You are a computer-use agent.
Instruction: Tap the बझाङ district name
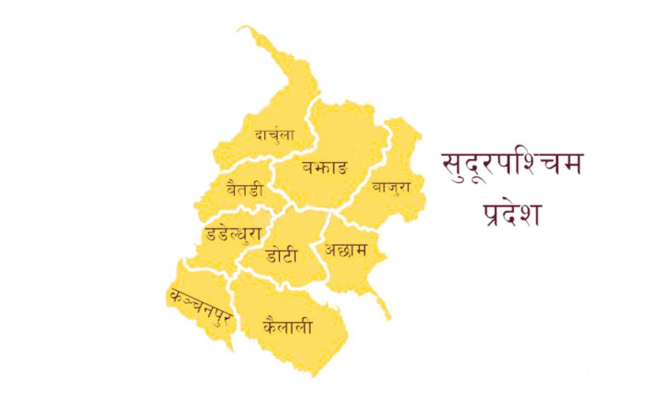coord(324,168)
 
